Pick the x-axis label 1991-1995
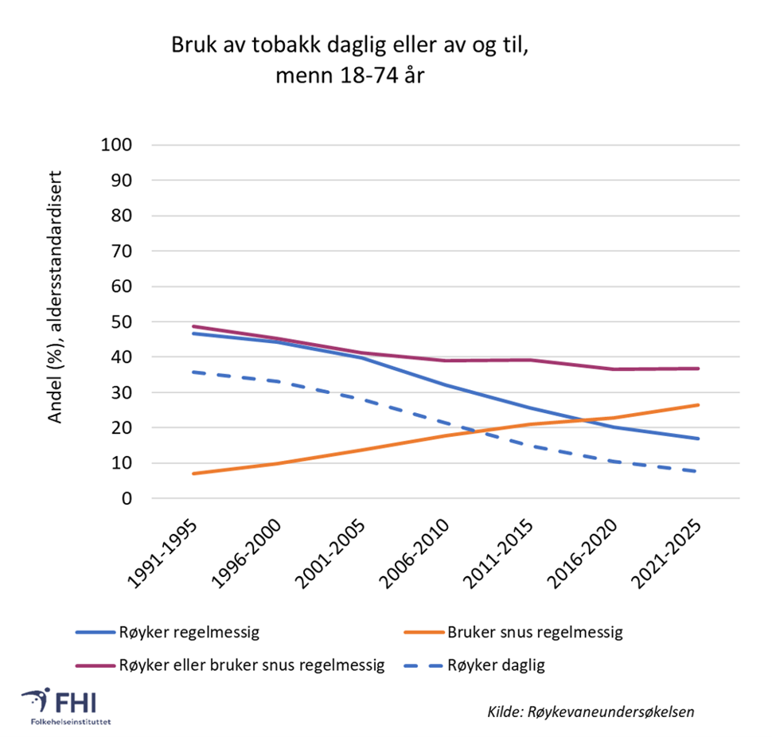point(166,556)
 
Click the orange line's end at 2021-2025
point(698,405)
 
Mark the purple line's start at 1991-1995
point(193,326)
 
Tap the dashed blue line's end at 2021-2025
point(698,471)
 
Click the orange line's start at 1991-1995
point(193,474)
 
